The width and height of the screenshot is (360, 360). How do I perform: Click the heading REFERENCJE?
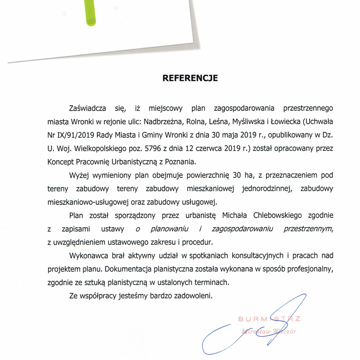coord(190,78)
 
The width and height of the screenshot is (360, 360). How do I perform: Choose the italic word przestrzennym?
coord(306,228)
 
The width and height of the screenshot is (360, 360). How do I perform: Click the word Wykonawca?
coord(87,256)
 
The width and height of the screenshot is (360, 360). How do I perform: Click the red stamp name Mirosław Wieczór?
coord(269,332)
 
